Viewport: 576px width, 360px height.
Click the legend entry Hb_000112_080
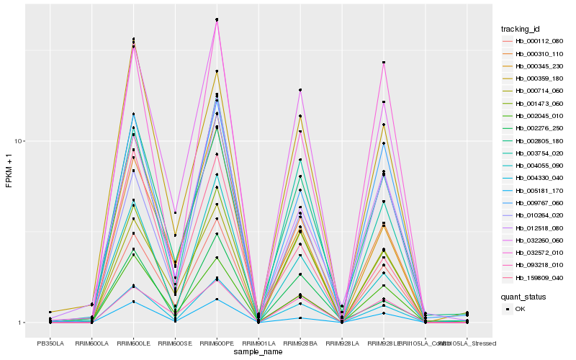click(x=534, y=41)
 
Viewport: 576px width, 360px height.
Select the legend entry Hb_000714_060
click(x=534, y=91)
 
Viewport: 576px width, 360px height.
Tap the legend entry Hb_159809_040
click(x=534, y=277)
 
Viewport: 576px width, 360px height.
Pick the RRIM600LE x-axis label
click(x=134, y=343)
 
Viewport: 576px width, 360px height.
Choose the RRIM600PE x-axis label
click(x=217, y=343)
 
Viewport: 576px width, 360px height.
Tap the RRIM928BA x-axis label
click(x=300, y=343)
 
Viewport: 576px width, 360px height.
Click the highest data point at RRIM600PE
click(x=217, y=19)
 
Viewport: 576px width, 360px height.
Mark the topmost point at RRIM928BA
click(x=300, y=90)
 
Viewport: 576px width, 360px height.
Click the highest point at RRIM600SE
click(x=175, y=212)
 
